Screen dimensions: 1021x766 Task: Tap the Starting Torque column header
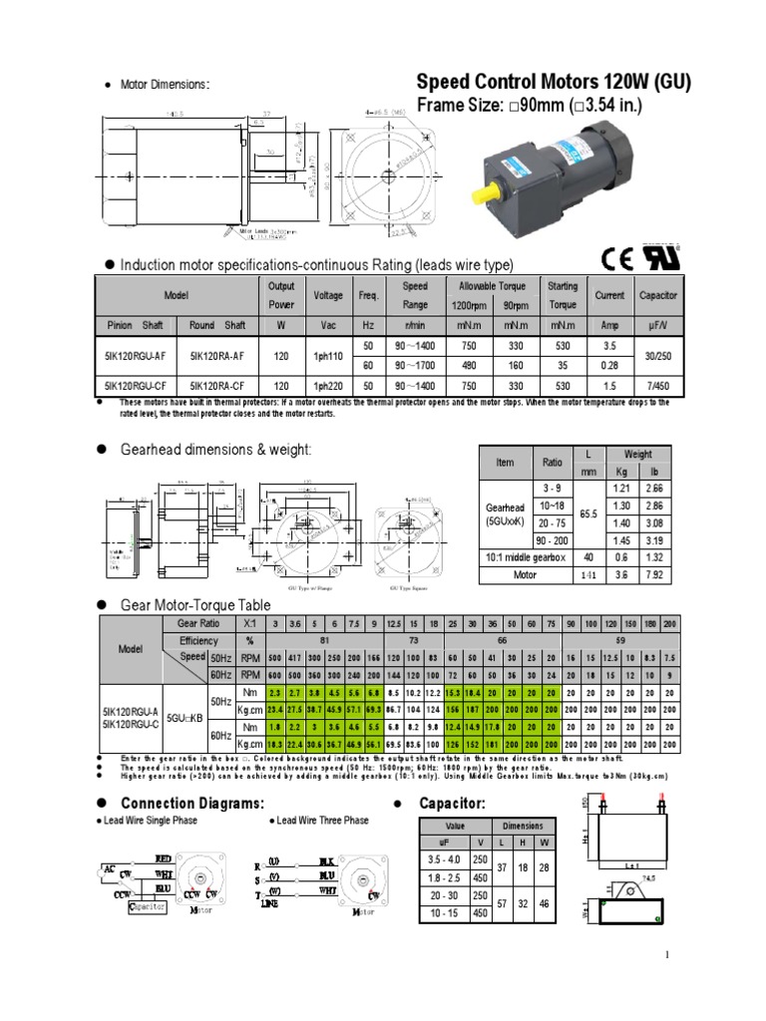(562, 295)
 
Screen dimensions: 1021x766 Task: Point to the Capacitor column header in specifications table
(658, 295)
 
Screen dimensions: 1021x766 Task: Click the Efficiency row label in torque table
(198, 640)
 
